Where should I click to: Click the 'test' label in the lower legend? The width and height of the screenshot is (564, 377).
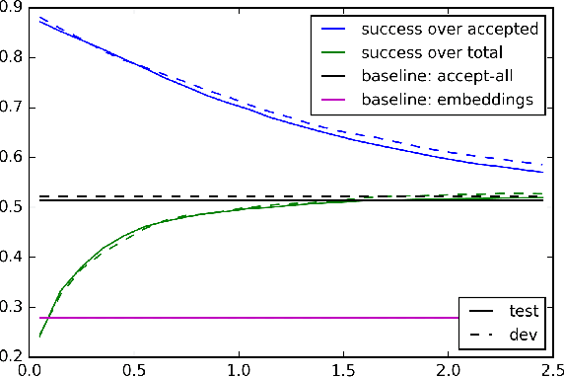522,310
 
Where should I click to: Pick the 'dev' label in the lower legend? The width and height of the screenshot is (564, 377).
521,336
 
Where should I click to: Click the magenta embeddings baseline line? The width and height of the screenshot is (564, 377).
247,318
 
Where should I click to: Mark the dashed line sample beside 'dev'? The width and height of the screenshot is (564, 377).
480,336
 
